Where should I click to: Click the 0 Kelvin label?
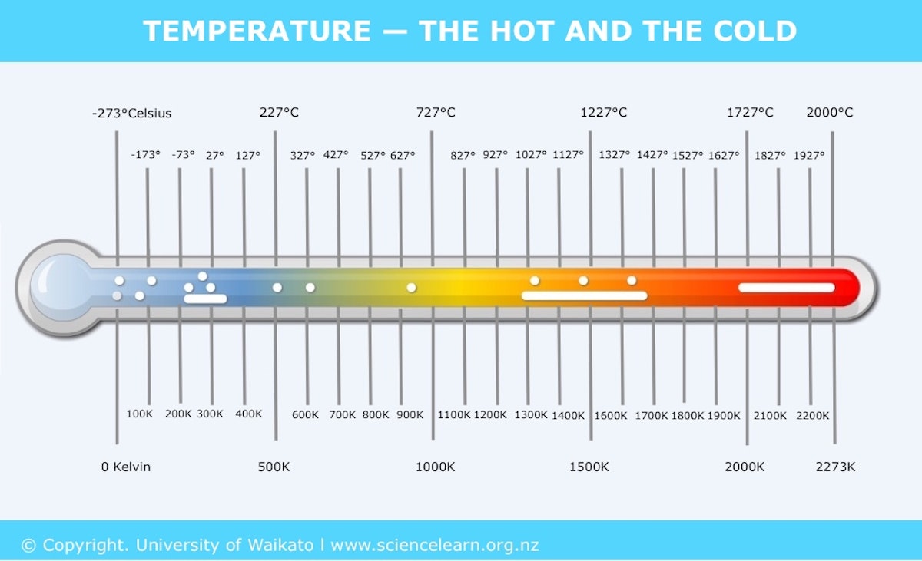(126, 467)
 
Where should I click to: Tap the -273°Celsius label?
(131, 114)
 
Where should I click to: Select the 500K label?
(274, 467)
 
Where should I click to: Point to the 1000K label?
(435, 467)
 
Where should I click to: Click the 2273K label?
(835, 467)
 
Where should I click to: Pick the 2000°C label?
(829, 113)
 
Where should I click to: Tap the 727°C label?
(436, 113)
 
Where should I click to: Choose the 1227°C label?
(603, 113)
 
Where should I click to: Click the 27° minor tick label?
(215, 155)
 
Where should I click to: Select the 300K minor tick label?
(210, 414)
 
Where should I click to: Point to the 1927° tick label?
(808, 155)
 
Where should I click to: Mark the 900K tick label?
(410, 415)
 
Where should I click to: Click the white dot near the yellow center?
(411, 288)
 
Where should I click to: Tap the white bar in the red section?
(786, 288)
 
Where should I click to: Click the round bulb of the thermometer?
(58, 288)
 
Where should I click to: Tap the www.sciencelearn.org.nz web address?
(435, 546)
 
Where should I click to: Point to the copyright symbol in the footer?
(29, 546)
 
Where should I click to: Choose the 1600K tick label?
(611, 416)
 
